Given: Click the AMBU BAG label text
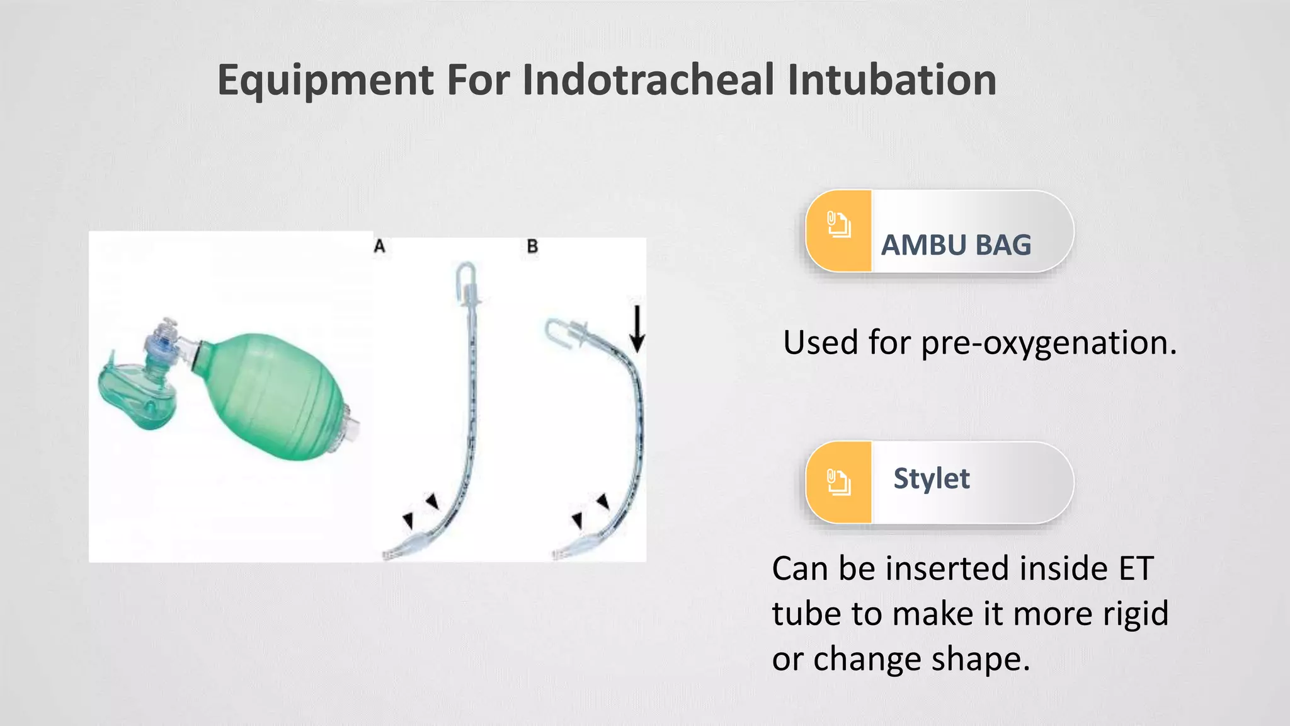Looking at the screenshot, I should [956, 245].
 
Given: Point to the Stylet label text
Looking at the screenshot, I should [931, 478].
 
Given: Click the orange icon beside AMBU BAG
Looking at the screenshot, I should [838, 225].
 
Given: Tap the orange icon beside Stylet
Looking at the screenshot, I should [838, 482].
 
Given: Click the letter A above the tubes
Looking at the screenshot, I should [379, 246].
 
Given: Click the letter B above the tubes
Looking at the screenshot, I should [532, 246].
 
